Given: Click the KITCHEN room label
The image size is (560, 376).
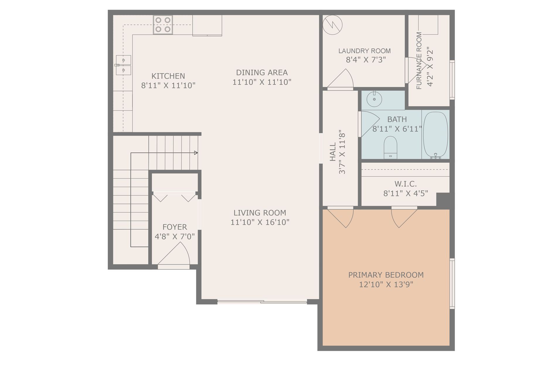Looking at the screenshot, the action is [168, 76].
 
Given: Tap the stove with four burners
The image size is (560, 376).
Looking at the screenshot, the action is [163, 25].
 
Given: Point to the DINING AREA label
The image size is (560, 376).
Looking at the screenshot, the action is [262, 73].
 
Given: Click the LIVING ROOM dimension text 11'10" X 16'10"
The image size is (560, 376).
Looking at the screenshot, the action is [260, 222].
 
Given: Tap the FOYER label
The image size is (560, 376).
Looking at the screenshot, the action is [175, 227].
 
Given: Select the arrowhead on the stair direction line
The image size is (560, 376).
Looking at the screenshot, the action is [196, 153].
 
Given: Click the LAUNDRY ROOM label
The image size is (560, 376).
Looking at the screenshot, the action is [365, 51].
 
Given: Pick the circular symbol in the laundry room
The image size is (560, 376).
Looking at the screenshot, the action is [333, 25].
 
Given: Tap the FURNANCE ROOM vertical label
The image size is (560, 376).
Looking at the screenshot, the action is [419, 61].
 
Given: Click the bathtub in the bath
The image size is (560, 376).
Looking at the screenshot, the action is [436, 135].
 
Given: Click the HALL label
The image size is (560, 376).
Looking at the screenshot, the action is [333, 152].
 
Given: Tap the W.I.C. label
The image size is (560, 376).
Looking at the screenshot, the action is [406, 184].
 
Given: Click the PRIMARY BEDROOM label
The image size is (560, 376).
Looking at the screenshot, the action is [386, 275].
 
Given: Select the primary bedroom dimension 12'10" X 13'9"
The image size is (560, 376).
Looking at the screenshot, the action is [386, 285].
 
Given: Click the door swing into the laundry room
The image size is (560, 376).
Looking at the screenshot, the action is [341, 78].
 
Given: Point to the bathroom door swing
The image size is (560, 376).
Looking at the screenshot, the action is [370, 124].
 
